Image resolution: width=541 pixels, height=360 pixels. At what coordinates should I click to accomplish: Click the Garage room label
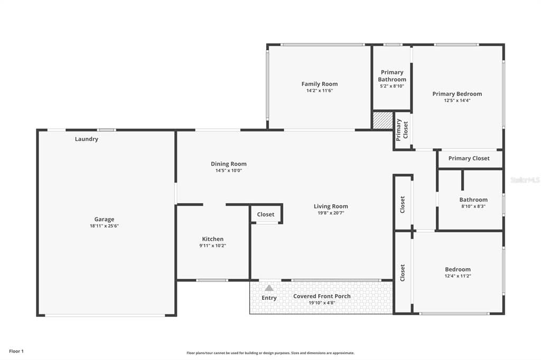(104, 219)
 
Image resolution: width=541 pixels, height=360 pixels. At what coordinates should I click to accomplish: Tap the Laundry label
(87, 139)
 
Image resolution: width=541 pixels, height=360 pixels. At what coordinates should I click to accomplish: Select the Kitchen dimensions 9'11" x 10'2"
(212, 245)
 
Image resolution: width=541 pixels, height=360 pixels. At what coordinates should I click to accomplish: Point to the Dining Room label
(229, 164)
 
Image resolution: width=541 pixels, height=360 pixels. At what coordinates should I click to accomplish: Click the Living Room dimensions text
(331, 213)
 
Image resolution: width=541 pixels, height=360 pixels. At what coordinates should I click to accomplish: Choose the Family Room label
(320, 84)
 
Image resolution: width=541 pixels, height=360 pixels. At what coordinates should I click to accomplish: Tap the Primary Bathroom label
(392, 76)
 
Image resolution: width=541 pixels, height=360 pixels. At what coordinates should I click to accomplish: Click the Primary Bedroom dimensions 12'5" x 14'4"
(457, 100)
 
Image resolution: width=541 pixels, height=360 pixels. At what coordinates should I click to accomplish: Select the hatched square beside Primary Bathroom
(383, 121)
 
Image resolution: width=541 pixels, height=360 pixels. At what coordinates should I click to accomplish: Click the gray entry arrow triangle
(269, 288)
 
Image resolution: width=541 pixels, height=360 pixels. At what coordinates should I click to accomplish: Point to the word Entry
(269, 298)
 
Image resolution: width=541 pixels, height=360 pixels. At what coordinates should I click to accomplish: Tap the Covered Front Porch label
(322, 296)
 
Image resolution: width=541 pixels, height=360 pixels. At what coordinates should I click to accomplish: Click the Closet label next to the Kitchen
(266, 214)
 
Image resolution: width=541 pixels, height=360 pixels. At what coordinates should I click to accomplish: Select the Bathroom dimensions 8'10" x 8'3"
(473, 206)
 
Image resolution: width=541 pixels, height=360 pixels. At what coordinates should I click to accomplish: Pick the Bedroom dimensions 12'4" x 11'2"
(458, 276)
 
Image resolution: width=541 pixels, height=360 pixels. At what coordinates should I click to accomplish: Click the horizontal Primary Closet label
(469, 158)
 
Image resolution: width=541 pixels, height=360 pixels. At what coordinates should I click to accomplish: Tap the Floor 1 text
(16, 352)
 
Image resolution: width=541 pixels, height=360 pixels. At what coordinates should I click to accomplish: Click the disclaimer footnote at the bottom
(270, 353)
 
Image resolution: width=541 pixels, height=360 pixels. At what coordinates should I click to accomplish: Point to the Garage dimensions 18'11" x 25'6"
(104, 226)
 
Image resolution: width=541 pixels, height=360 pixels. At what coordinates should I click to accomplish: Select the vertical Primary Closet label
(402, 130)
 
